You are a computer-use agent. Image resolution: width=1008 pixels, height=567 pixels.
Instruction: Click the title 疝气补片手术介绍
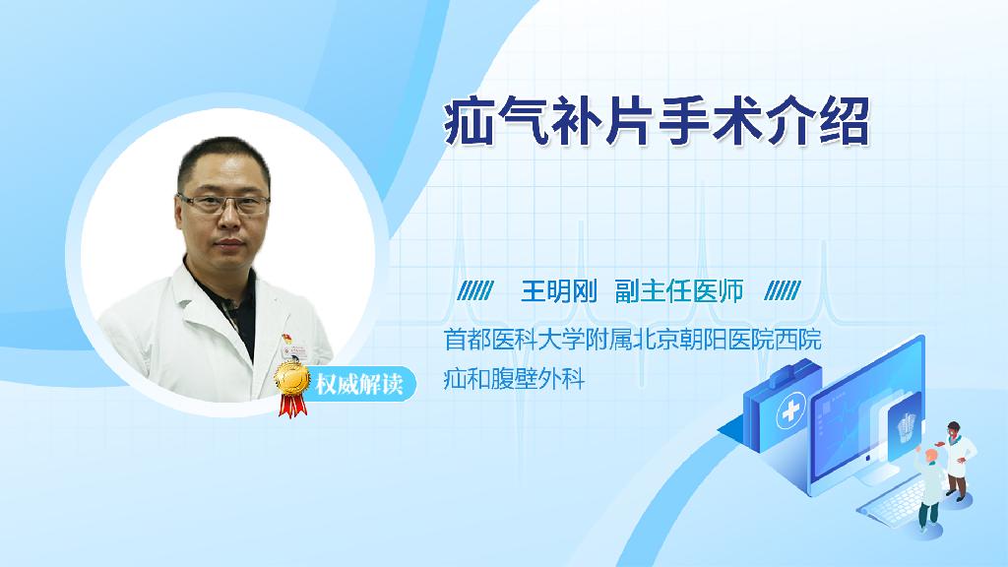657,121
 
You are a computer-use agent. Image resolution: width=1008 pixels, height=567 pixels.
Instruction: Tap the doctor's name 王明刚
559,291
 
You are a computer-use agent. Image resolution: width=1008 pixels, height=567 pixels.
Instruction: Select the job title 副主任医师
679,291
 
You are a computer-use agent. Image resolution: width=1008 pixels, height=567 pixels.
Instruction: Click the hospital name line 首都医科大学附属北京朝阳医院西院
633,340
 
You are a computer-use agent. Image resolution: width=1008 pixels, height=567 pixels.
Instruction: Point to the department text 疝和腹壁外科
514,379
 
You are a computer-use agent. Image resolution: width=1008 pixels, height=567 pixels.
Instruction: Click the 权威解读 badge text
358,384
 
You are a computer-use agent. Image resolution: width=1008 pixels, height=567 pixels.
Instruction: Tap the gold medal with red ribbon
291,388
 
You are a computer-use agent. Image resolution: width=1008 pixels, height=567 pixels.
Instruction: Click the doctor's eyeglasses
223,205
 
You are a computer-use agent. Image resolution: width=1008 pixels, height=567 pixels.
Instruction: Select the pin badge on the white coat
286,339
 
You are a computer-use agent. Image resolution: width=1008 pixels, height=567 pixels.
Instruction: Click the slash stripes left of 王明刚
475,291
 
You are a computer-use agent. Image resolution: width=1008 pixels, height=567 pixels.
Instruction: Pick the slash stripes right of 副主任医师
783,291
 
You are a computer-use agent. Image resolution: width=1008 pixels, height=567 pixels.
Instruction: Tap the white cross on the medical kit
790,410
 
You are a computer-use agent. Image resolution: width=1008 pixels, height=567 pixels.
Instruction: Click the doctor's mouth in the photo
228,244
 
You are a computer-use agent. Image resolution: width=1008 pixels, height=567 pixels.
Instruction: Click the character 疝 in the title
468,121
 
